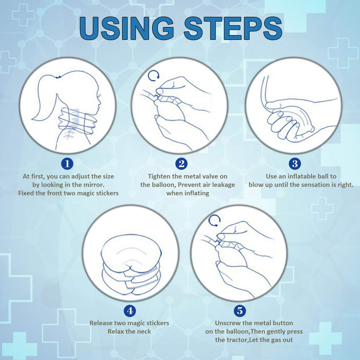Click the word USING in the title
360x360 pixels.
coord(127,28)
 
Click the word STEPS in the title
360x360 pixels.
coord(233,28)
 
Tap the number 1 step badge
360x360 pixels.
coord(67,164)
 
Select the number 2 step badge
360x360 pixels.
coord(181,164)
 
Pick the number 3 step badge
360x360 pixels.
coord(295,164)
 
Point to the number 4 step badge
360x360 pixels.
coord(130,311)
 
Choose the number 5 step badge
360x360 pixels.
coord(240,311)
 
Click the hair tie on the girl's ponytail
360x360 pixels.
coord(58,77)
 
